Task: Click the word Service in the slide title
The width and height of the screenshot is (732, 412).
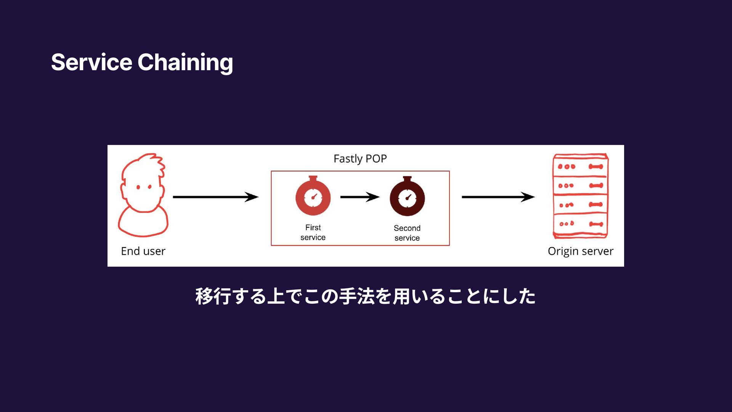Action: click(x=91, y=62)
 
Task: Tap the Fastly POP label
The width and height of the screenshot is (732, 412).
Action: click(x=360, y=159)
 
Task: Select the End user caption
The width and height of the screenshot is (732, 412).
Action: click(x=143, y=251)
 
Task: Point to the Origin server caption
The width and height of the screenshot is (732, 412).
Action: click(x=580, y=251)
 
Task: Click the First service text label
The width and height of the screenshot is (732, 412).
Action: click(x=313, y=232)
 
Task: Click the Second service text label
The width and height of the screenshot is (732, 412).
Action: click(x=407, y=233)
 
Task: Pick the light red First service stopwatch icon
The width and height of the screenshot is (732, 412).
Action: click(x=313, y=197)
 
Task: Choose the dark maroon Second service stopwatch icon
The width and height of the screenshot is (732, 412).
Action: click(x=407, y=197)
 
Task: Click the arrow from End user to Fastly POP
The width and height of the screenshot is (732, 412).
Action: click(x=215, y=197)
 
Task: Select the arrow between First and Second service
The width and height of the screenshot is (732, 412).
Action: click(x=360, y=197)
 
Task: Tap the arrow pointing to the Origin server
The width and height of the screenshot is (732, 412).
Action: click(x=498, y=197)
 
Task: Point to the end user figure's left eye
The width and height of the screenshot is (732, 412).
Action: click(x=138, y=187)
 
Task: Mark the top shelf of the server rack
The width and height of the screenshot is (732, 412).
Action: click(x=580, y=166)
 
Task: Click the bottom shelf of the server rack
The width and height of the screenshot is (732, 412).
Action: click(x=580, y=224)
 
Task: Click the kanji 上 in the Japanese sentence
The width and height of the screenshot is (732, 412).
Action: click(x=275, y=296)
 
